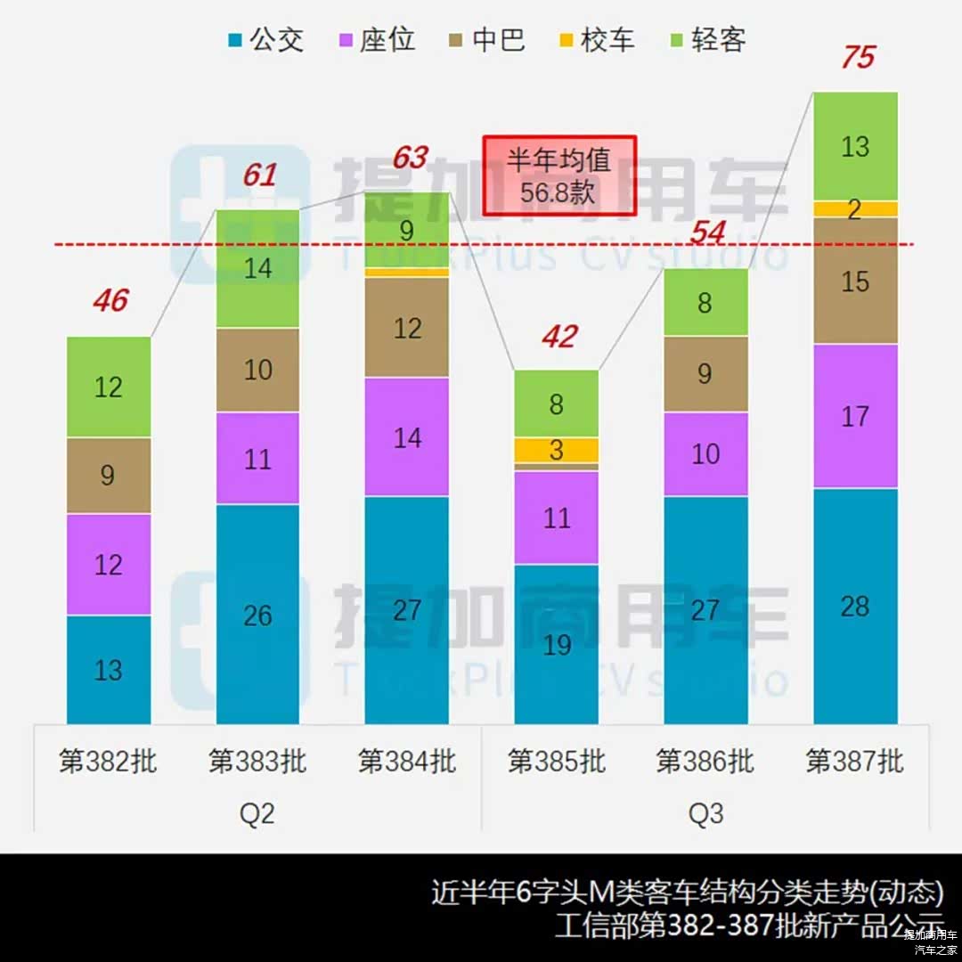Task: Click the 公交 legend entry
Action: (266, 40)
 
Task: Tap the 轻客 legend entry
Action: (707, 40)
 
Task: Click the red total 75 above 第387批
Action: (857, 58)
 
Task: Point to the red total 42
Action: (558, 337)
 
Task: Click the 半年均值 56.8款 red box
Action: (559, 175)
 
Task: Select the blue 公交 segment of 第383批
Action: (257, 615)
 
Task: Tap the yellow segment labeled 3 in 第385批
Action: (557, 450)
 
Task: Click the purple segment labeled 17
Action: (855, 416)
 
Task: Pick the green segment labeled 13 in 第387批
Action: (855, 146)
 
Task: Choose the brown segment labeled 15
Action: (855, 281)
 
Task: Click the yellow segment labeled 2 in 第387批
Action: (855, 209)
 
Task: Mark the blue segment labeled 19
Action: (557, 644)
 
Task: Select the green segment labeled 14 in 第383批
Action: (257, 268)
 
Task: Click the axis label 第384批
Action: (407, 762)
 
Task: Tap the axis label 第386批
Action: (705, 762)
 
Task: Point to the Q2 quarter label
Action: (257, 813)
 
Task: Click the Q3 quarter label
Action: (705, 813)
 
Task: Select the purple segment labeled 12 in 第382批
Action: (109, 565)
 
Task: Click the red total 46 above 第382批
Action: (110, 301)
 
